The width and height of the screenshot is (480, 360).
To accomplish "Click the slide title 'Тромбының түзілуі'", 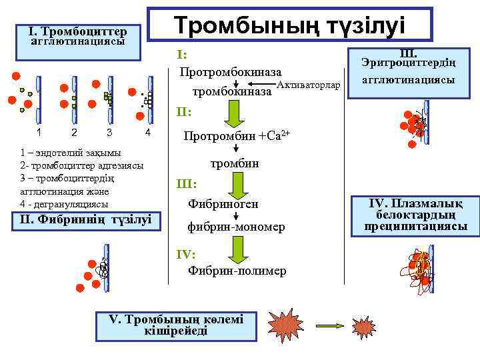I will [x=289, y=25].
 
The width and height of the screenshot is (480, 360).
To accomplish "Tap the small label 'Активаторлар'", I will [x=307, y=85].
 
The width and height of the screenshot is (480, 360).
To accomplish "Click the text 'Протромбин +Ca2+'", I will [x=237, y=136].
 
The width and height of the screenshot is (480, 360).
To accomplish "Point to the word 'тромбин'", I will [x=234, y=163].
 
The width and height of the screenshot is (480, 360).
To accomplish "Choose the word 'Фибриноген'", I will [x=223, y=202].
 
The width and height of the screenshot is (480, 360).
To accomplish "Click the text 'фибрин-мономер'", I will [x=237, y=227].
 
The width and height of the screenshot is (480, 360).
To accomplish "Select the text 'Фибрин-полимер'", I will [x=237, y=271].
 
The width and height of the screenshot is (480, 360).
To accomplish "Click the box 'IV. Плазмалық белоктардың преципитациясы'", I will [x=415, y=215].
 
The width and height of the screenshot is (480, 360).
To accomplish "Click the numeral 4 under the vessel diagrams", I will [x=148, y=133].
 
